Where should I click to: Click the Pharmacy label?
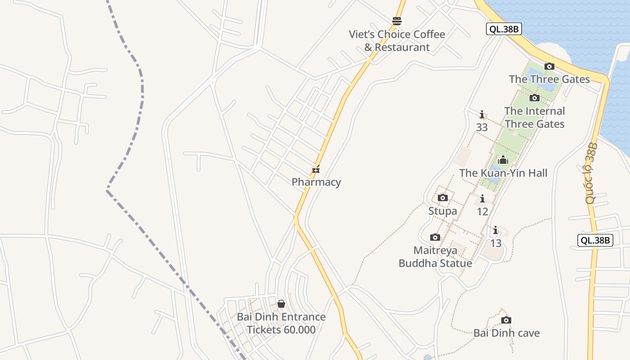[x=316, y=182]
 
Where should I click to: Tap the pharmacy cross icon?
[x=316, y=170]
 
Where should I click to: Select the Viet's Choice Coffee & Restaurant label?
[x=397, y=40]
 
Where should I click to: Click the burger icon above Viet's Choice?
[x=396, y=21]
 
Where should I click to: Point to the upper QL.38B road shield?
[x=504, y=29]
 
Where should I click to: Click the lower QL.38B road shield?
[x=595, y=240]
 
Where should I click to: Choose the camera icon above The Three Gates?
[x=549, y=67]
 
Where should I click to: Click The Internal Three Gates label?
[x=535, y=117]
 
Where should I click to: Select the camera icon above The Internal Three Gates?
[x=535, y=98]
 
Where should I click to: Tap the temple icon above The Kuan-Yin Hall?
[x=503, y=160]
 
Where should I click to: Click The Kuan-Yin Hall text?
[x=503, y=173]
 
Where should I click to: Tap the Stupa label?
[x=442, y=211]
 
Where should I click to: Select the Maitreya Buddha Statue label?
[x=435, y=256]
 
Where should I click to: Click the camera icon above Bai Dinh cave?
[x=506, y=320]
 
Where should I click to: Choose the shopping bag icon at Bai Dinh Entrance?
[x=281, y=304]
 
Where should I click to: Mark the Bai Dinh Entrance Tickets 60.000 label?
[x=281, y=323]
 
